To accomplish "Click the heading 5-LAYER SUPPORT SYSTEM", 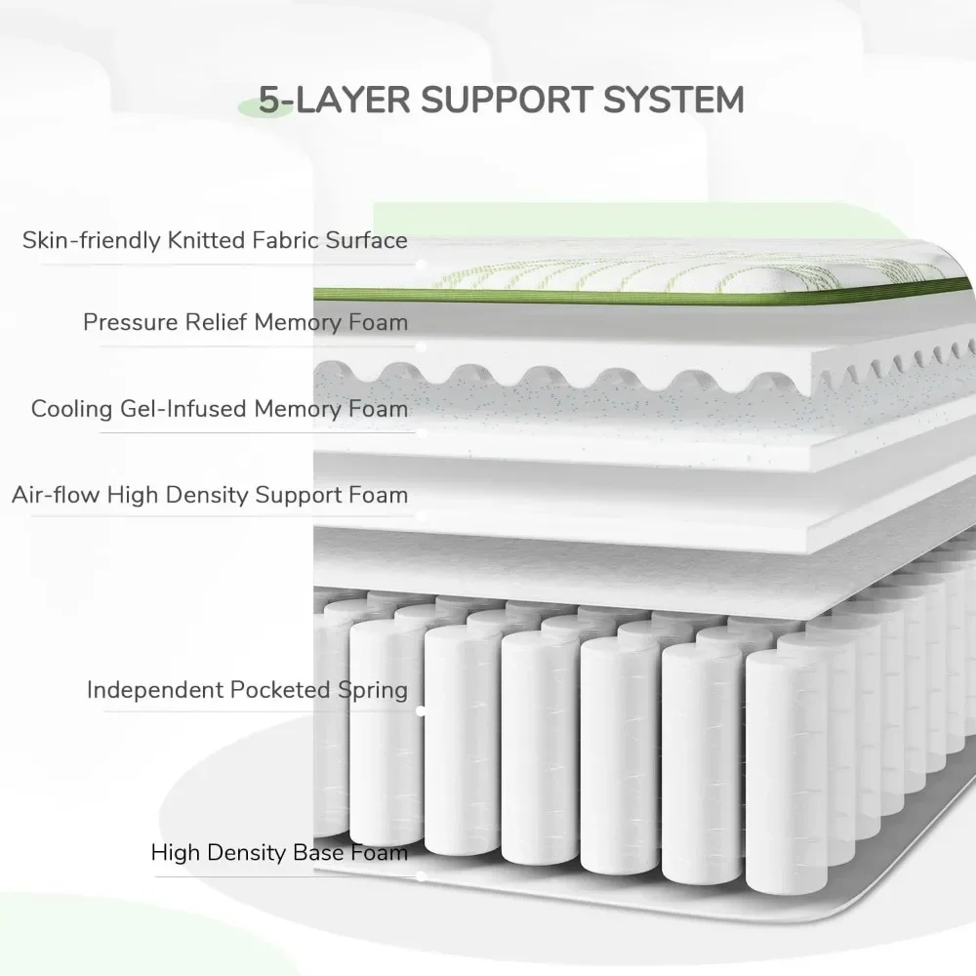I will pos(501,100).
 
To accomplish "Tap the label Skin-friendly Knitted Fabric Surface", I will pos(215,240).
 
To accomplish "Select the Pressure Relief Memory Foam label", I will pos(245,322).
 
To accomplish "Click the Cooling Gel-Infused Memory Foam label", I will pos(220,408).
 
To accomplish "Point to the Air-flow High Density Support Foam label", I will pos(210,495).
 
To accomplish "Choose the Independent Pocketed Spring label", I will pos(247,690).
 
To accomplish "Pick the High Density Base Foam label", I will pos(279,853).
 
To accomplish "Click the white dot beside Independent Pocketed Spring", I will pos(421,712).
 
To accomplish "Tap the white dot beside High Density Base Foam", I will pos(421,874).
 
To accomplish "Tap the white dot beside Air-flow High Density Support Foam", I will pos(421,516).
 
